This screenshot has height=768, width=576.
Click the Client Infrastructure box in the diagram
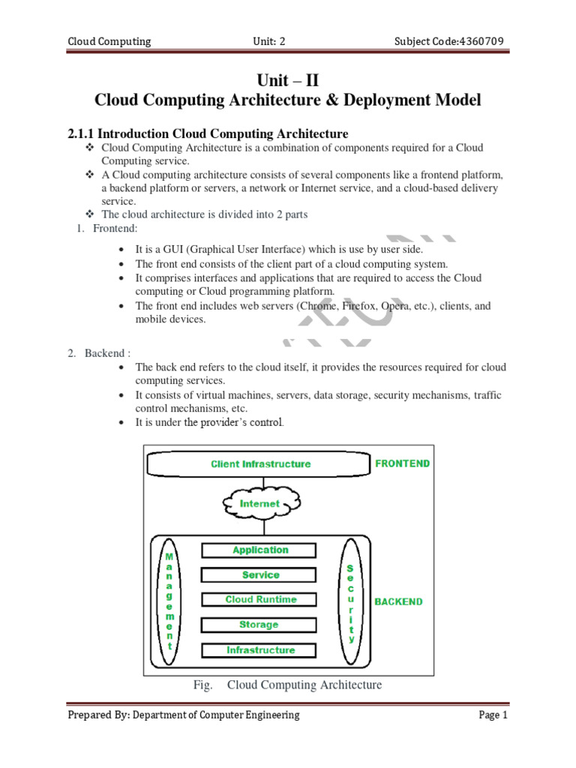[x=260, y=464]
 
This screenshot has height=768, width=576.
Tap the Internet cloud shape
[x=259, y=504]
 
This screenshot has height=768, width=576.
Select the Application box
[x=260, y=550]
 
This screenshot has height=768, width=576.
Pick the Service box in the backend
[x=260, y=575]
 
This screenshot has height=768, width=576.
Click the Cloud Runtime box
[x=260, y=600]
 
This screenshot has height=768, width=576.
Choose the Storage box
[x=260, y=625]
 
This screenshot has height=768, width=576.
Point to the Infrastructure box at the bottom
[x=260, y=650]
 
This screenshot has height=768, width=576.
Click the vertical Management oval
[x=169, y=600]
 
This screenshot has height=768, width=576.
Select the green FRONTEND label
[x=403, y=463]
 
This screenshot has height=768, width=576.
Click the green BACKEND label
[x=398, y=601]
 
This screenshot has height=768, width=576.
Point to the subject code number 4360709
[x=481, y=41]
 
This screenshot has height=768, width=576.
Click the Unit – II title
[x=288, y=80]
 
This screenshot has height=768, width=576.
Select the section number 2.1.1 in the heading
[x=82, y=133]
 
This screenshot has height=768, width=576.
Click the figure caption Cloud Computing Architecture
[x=304, y=685]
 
